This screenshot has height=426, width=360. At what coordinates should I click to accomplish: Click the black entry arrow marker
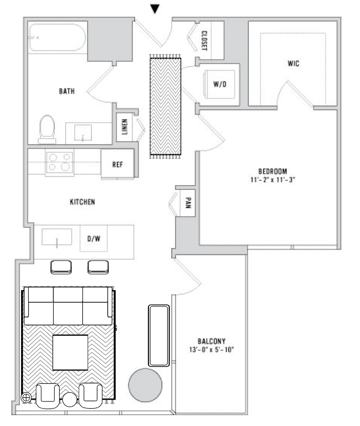(x=155, y=9)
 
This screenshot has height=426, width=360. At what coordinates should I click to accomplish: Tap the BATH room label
(x=67, y=91)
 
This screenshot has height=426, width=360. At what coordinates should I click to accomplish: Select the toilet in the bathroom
(x=47, y=129)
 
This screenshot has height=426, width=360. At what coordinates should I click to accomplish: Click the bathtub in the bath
(x=57, y=38)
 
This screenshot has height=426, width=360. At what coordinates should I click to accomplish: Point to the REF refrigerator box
(x=117, y=164)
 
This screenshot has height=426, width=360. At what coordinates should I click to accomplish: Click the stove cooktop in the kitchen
(x=60, y=163)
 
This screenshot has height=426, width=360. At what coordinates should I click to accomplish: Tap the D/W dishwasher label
(x=94, y=239)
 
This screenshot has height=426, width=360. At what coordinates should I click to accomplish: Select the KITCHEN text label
(x=82, y=202)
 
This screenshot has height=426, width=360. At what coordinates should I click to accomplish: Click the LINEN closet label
(x=125, y=126)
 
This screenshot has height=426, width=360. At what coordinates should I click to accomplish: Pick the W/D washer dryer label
(x=219, y=84)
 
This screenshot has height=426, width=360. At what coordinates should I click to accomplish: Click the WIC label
(x=293, y=63)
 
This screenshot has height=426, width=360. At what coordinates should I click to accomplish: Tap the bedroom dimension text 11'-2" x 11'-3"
(x=273, y=180)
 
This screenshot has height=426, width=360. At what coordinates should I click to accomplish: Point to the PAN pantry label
(x=188, y=203)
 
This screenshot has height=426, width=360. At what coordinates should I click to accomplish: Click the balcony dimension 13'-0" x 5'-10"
(x=211, y=349)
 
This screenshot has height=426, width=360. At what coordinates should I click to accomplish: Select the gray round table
(x=145, y=385)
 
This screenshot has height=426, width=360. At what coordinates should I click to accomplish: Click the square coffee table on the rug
(x=70, y=352)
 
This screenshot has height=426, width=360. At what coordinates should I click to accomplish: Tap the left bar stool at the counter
(x=61, y=268)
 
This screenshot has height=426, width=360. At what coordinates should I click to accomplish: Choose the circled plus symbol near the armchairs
(x=26, y=398)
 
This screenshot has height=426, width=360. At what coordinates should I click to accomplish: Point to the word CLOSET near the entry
(x=204, y=41)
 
